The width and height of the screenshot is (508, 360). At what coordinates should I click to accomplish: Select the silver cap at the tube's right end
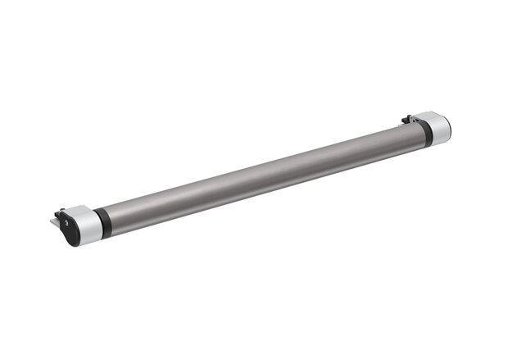[436, 128]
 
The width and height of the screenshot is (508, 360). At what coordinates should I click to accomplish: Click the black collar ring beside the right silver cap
[420, 131]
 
